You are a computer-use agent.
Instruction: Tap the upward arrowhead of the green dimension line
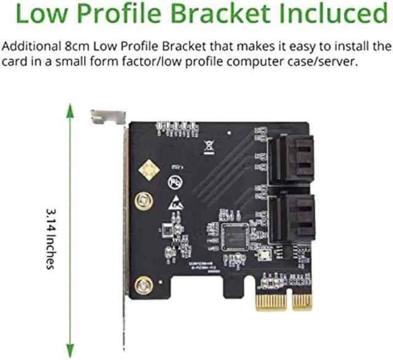click(x=70, y=111)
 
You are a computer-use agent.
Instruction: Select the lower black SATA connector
click(x=293, y=218)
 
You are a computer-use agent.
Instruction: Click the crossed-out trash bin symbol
click(x=209, y=147)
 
